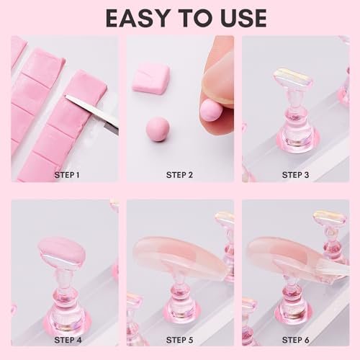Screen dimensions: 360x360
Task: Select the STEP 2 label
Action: pos(180,174)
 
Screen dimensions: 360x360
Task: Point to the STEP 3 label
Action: pos(295,174)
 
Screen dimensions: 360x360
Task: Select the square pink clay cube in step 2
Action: pos(151,78)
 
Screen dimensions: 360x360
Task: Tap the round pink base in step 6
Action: pos(294,317)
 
